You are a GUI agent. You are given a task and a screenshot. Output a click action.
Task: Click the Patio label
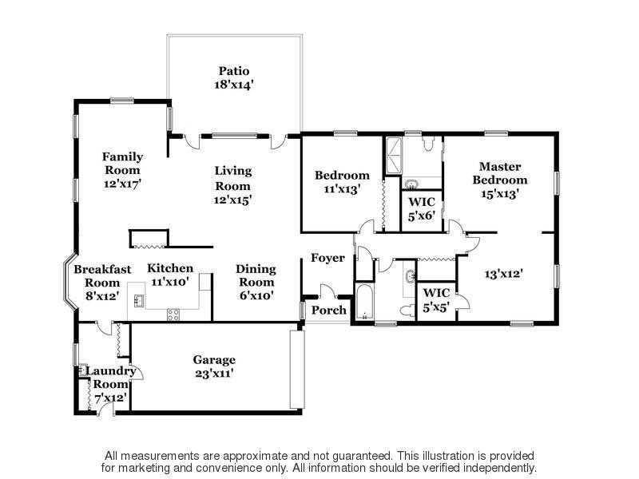pyautogui.click(x=234, y=71)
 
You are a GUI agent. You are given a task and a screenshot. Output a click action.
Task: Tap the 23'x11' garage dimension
pyautogui.click(x=214, y=373)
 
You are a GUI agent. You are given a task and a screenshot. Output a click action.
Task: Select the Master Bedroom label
pyautogui.click(x=500, y=173)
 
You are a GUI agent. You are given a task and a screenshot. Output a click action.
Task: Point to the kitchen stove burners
pyautogui.click(x=173, y=315)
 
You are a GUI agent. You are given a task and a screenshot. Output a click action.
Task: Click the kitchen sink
pyautogui.click(x=139, y=300)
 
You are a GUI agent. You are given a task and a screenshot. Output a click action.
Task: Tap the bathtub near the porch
pyautogui.click(x=364, y=303)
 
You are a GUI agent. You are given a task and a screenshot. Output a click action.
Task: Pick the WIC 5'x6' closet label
pyautogui.click(x=422, y=208)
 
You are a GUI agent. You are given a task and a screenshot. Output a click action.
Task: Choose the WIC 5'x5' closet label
pyautogui.click(x=436, y=300)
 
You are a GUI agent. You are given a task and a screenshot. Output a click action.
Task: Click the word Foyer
pyautogui.click(x=327, y=258)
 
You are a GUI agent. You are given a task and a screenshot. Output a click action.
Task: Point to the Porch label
pyautogui.click(x=329, y=310)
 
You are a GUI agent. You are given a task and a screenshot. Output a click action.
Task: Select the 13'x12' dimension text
pyautogui.click(x=504, y=274)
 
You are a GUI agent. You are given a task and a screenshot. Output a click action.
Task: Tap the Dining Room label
pyautogui.click(x=256, y=275)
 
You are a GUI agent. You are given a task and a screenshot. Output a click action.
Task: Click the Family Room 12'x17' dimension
pyautogui.click(x=122, y=184)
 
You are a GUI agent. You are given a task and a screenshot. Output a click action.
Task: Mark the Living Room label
pyautogui.click(x=233, y=178)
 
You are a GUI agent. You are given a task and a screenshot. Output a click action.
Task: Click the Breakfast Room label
pyautogui.click(x=102, y=275)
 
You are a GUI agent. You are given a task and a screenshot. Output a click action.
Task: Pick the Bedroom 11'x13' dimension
pyautogui.click(x=342, y=189)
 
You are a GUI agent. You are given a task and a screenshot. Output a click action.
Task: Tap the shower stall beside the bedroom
pyautogui.click(x=394, y=156)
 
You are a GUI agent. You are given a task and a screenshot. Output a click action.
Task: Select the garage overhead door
pyautogui.click(x=297, y=370)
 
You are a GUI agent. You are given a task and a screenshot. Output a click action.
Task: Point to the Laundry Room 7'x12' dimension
pyautogui.click(x=110, y=398)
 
